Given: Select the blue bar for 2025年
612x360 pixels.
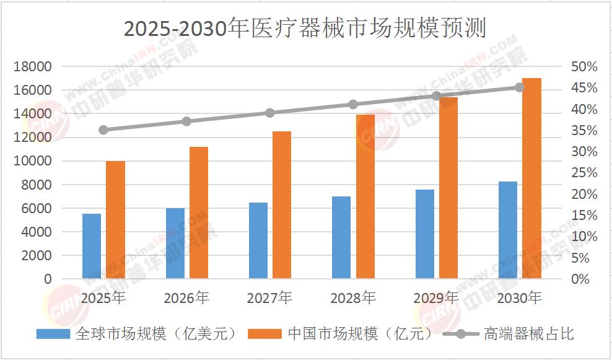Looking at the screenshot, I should [x=92, y=246].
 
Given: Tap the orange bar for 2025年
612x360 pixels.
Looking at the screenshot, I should [x=115, y=220].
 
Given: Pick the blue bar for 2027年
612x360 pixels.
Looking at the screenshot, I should [x=258, y=240].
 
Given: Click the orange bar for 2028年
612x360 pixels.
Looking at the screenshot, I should [x=365, y=196].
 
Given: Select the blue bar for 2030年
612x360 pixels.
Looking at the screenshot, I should [x=508, y=230].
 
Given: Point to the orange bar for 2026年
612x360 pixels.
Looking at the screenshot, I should [x=199, y=213].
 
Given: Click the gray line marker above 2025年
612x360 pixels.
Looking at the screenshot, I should [x=103, y=130].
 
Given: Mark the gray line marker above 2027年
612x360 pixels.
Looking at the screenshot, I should [x=270, y=113].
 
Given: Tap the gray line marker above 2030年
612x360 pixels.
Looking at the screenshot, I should [x=520, y=87].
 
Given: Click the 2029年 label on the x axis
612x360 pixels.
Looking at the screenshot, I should [x=437, y=298].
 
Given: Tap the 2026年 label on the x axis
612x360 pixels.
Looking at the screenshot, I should [x=186, y=298].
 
